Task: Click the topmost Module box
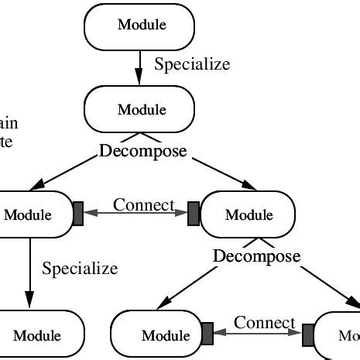click(139, 25)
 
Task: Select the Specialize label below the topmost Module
click(192, 64)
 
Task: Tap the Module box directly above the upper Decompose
click(139, 109)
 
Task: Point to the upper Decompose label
click(143, 151)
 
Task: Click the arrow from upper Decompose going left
click(66, 173)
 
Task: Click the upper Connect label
click(143, 204)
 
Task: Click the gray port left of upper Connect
click(78, 214)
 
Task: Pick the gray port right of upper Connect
click(194, 214)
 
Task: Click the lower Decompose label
click(256, 255)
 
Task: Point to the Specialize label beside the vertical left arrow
click(80, 269)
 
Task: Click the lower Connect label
click(265, 323)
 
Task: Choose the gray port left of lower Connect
click(207, 334)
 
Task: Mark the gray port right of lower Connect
click(308, 334)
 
